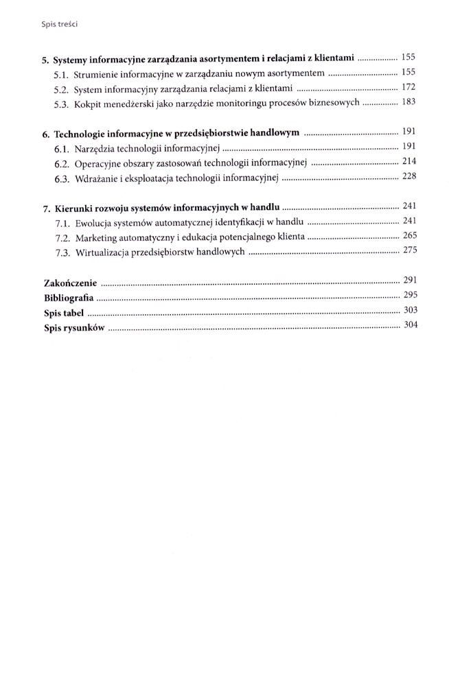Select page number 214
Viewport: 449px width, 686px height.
coord(409,161)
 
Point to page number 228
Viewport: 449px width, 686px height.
coord(409,176)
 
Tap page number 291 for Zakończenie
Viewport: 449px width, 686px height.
coord(410,279)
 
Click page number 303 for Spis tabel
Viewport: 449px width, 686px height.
coord(410,310)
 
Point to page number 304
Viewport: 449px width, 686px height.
coord(410,325)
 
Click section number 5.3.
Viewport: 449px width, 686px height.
coord(62,104)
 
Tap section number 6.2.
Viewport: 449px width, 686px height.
coord(62,163)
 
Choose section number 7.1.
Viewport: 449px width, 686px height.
coord(62,222)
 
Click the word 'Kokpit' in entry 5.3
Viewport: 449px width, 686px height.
coord(87,104)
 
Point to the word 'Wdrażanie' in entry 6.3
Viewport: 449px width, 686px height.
coord(97,178)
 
